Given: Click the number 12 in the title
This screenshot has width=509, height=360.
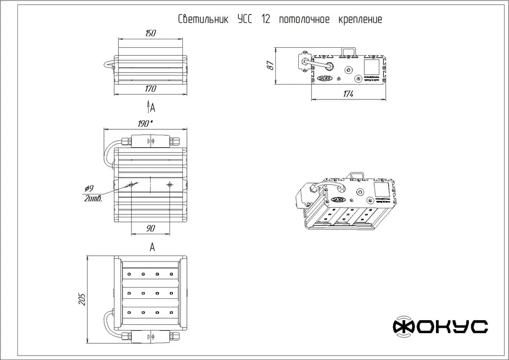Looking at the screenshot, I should tap(265, 20).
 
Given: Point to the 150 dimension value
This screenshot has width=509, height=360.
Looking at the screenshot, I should tap(151, 33).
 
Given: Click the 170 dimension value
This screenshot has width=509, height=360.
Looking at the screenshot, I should tap(151, 89).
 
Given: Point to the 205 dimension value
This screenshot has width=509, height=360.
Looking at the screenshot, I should tap(83, 299).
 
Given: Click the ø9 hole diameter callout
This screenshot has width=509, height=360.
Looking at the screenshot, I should tap(89, 188).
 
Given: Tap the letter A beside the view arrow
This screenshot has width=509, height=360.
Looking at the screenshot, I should tap(153, 107).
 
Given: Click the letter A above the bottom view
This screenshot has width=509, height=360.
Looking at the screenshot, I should tap(152, 247).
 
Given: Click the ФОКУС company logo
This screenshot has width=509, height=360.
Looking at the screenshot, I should tap(440, 326).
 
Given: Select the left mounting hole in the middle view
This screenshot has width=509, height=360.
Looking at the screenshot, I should tap(131, 185).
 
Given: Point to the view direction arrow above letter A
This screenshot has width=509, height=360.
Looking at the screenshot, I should tap(148, 106).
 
